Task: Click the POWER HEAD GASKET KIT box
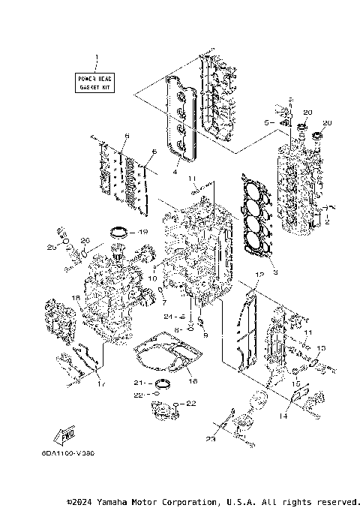coord(95,83)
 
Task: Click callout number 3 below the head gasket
coord(275,273)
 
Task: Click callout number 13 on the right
coord(322,349)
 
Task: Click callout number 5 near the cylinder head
coord(266,121)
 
